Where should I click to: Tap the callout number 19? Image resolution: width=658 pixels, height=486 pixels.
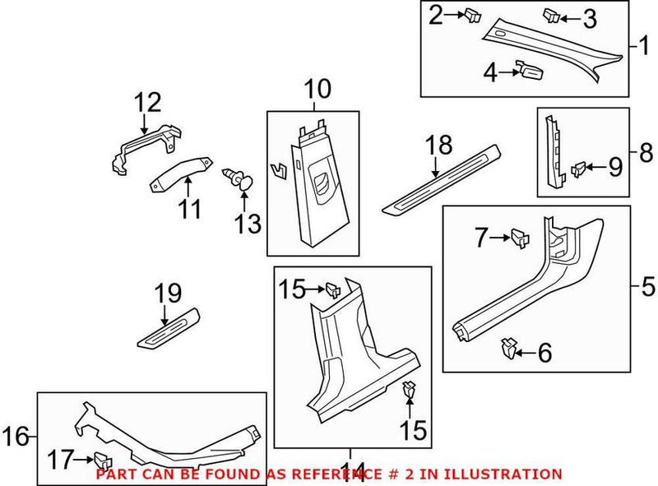tap(168, 291)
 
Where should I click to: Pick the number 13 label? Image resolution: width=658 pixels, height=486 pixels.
tap(248, 222)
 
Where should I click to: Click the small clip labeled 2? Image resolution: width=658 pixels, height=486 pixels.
tap(472, 14)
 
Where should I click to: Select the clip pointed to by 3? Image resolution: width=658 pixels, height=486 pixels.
tap(552, 16)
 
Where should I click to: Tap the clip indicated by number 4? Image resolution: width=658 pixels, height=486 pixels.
tap(527, 72)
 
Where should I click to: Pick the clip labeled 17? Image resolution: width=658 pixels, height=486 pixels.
tap(101, 460)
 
